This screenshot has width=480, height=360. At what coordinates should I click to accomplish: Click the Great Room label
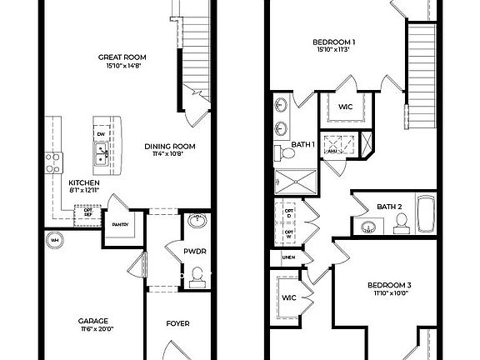(x=122, y=57)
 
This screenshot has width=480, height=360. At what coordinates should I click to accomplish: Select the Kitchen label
(x=84, y=182)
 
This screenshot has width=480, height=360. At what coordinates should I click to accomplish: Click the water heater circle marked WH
(x=55, y=241)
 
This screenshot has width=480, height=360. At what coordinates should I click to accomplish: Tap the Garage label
(x=93, y=321)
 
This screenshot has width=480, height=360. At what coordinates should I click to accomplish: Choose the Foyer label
(x=177, y=323)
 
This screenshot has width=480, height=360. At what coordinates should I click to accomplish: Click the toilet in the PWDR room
(x=198, y=275)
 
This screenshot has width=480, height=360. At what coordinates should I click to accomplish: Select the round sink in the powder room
(x=198, y=222)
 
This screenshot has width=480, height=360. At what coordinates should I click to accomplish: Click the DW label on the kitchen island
(x=101, y=134)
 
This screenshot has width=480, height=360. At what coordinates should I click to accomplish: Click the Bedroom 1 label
(x=334, y=42)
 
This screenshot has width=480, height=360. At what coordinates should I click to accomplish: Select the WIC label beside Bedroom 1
(x=345, y=107)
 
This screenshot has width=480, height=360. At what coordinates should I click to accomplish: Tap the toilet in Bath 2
(x=400, y=221)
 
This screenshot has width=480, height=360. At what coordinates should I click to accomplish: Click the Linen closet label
(x=288, y=257)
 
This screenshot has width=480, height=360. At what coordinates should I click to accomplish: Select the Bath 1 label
(x=302, y=145)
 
